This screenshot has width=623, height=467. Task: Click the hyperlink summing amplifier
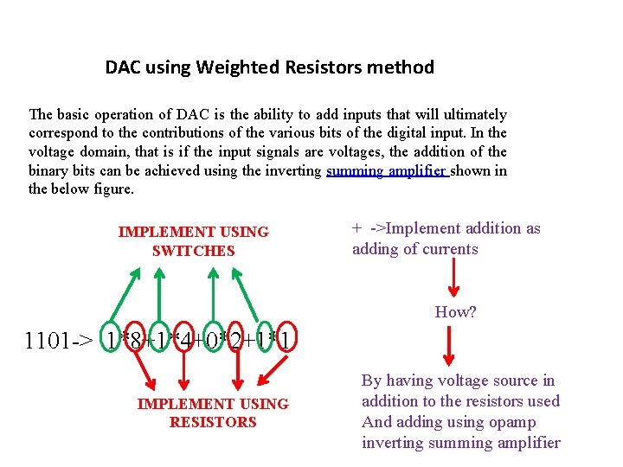386,170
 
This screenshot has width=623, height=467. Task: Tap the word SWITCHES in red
193,251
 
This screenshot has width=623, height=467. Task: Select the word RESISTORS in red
213,422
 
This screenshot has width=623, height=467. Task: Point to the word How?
455,312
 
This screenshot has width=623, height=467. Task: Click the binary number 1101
49,340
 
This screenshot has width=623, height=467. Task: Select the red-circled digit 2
235,340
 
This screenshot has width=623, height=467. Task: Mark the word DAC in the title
124,67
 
